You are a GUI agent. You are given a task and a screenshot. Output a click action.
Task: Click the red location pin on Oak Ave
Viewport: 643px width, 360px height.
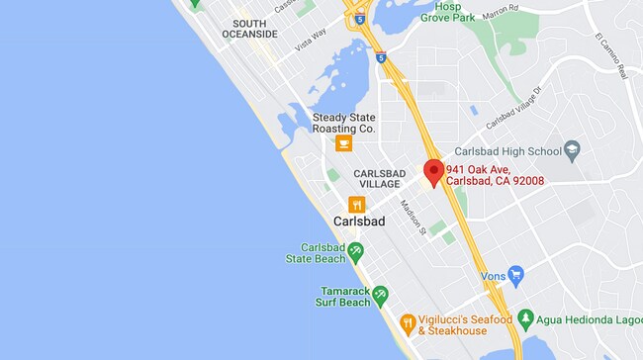click(432, 170)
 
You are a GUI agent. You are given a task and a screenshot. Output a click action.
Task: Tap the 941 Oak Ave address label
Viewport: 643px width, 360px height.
click(494, 175)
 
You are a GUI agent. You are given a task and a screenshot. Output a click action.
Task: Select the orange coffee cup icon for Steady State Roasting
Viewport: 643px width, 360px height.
click(343, 144)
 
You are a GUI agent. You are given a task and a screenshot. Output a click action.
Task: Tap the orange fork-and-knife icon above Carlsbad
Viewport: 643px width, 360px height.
click(357, 205)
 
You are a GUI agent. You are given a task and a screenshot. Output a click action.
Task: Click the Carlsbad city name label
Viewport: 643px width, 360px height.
click(359, 222)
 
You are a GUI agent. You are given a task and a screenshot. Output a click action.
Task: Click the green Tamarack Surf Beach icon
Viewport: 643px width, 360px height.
click(380, 296)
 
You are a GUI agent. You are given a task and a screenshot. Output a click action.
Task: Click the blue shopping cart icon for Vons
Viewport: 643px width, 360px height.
click(514, 274)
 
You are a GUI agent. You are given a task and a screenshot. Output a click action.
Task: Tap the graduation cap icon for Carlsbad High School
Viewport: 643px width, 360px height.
click(571, 150)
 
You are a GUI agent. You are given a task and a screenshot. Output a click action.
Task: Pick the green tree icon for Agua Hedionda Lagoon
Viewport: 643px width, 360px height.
click(526, 319)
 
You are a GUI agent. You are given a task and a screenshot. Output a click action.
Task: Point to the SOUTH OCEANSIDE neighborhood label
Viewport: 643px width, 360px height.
click(255, 28)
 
